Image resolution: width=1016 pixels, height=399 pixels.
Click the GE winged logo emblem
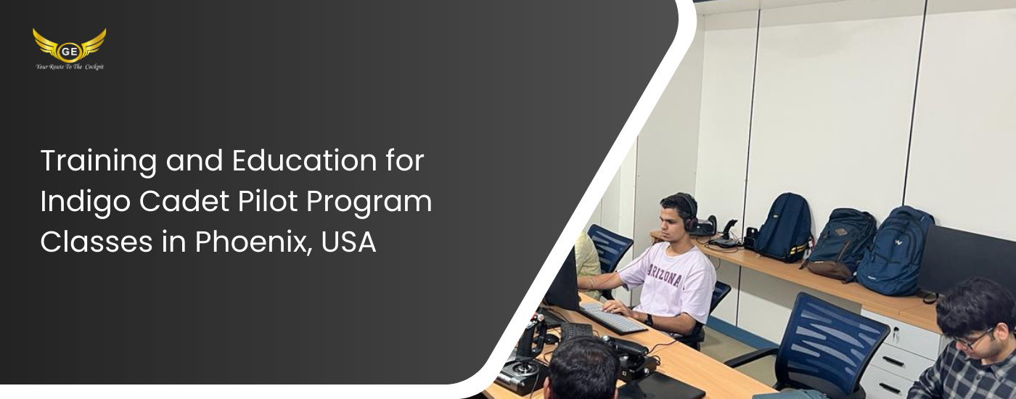pyautogui.click(x=70, y=45)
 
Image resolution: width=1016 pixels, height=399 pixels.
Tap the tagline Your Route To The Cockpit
pyautogui.click(x=70, y=67)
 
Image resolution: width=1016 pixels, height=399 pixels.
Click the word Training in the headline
pyautogui.click(x=99, y=162)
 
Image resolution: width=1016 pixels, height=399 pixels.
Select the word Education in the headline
pyautogui.click(x=304, y=160)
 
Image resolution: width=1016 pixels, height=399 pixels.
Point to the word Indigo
pyautogui.click(x=86, y=202)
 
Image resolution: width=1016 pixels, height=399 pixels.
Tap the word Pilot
pyautogui.click(x=268, y=202)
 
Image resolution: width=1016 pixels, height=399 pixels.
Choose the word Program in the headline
pyautogui.click(x=369, y=202)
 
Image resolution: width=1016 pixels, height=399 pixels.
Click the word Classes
pyautogui.click(x=96, y=242)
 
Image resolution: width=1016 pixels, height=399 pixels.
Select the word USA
pyautogui.click(x=348, y=242)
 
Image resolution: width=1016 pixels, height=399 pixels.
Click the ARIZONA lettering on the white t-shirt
pyautogui.click(x=665, y=274)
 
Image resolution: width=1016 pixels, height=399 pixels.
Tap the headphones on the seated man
pyautogui.click(x=691, y=213)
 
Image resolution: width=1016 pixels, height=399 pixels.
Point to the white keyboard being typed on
pyautogui.click(x=613, y=318)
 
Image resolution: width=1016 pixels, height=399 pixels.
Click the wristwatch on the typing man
pyautogui.click(x=649, y=320)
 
